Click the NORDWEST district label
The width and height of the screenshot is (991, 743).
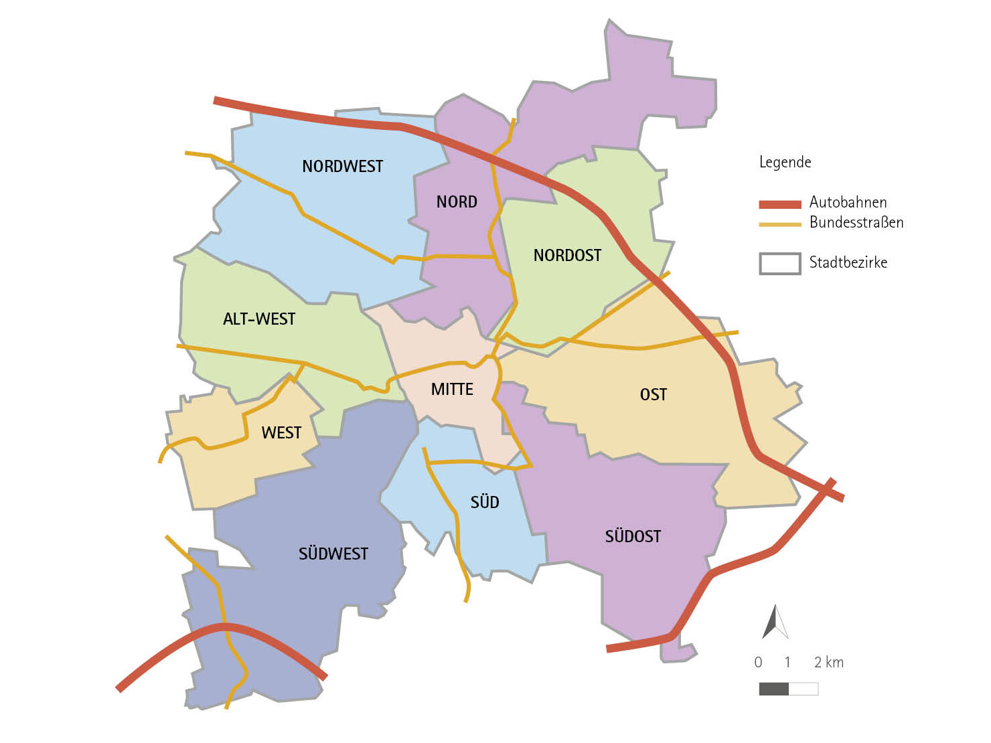(342, 166)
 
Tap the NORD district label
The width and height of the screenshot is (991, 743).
(457, 201)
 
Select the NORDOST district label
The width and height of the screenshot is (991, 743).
(567, 255)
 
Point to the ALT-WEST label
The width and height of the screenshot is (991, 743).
(259, 319)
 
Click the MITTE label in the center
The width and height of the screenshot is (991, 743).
(452, 389)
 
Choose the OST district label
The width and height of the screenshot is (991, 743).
(653, 394)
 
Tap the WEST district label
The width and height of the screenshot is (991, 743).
(281, 432)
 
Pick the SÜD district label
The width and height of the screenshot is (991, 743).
(485, 502)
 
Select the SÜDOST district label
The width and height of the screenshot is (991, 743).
(633, 536)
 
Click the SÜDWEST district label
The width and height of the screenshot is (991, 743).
(333, 554)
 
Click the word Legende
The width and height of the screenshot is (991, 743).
(785, 162)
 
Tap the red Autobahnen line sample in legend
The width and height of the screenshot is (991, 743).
(779, 204)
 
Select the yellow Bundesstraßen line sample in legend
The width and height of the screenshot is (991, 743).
(779, 224)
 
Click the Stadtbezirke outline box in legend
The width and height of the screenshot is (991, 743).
(779, 263)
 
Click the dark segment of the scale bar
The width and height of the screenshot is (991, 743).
(773, 689)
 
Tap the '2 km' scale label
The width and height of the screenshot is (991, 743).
(828, 662)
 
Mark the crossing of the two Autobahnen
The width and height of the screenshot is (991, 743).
(828, 489)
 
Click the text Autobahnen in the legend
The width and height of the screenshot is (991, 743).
(848, 202)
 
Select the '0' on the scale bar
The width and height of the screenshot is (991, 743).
(758, 662)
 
